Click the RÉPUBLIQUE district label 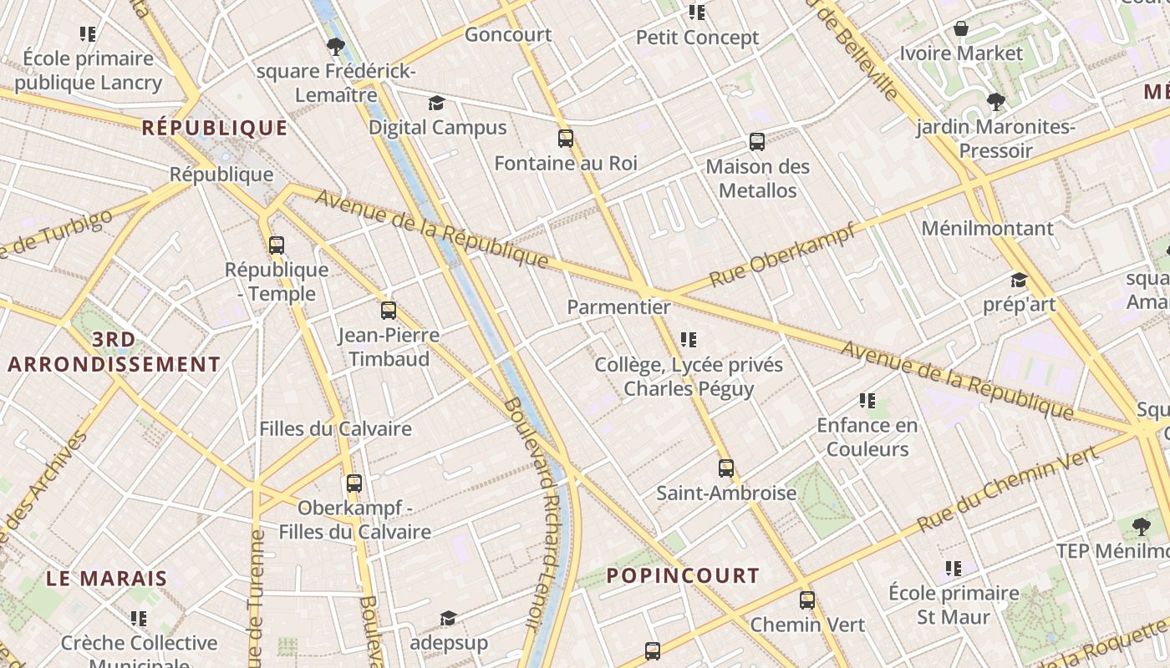coord(215,128)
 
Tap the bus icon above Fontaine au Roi coord(566,139)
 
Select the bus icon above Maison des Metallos coord(757,142)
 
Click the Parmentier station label coord(618,307)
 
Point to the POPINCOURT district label coord(683,575)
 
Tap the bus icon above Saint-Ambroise coord(726,468)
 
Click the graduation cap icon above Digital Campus coord(437,104)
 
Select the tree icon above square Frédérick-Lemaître coord(336,47)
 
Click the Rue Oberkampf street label coord(782,254)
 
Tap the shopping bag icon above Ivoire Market coord(961,29)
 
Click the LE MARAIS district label coord(107,578)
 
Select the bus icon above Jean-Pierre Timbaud coord(389,311)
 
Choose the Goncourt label coord(508,34)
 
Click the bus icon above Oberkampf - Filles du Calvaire coord(354,483)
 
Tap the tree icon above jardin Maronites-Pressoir coord(995,102)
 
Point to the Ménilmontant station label coord(987,228)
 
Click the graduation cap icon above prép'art coord(1019,280)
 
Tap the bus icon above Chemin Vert coord(807,600)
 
